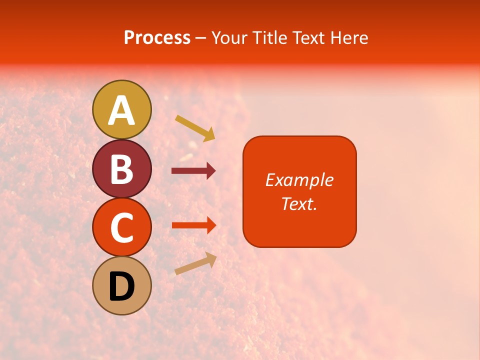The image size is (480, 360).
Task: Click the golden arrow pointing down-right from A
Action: [195, 128]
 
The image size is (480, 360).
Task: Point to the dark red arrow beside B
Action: [193, 171]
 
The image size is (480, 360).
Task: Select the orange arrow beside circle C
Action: [193, 225]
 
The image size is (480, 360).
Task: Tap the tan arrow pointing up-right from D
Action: [195, 263]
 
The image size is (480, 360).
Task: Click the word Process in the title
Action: [157, 38]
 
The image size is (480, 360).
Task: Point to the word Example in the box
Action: [299, 180]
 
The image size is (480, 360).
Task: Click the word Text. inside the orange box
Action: [299, 203]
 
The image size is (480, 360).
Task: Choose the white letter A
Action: [122, 110]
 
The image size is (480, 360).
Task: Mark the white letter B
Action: [122, 169]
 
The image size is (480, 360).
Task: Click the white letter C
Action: [122, 227]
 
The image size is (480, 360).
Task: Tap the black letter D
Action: [122, 286]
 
